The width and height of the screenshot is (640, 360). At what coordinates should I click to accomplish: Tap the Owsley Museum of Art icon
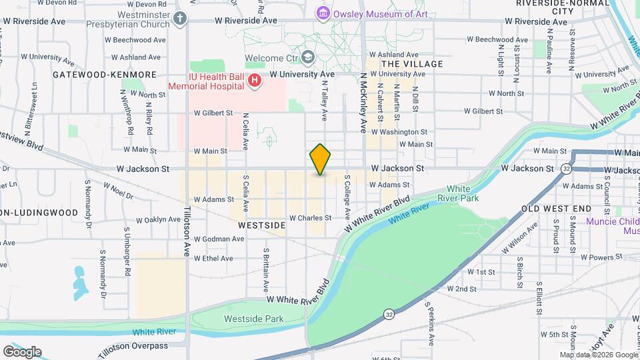pyautogui.click(x=323, y=13)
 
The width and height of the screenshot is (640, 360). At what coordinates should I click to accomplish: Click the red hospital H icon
pyautogui.click(x=254, y=81)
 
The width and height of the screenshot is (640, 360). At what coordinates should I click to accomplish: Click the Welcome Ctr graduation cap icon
pyautogui.click(x=308, y=58)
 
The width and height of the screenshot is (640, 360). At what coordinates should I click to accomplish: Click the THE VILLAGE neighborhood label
pyautogui.click(x=411, y=64)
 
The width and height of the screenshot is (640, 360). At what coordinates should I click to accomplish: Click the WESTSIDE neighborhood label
pyautogui.click(x=261, y=225)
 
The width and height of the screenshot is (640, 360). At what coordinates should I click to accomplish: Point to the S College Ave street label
pyautogui.click(x=347, y=197)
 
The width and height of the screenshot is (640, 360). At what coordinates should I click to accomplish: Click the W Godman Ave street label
pyautogui.click(x=213, y=239)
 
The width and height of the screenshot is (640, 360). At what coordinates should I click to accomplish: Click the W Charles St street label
pyautogui.click(x=309, y=218)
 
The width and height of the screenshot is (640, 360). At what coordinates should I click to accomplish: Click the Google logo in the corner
pyautogui.click(x=22, y=352)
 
